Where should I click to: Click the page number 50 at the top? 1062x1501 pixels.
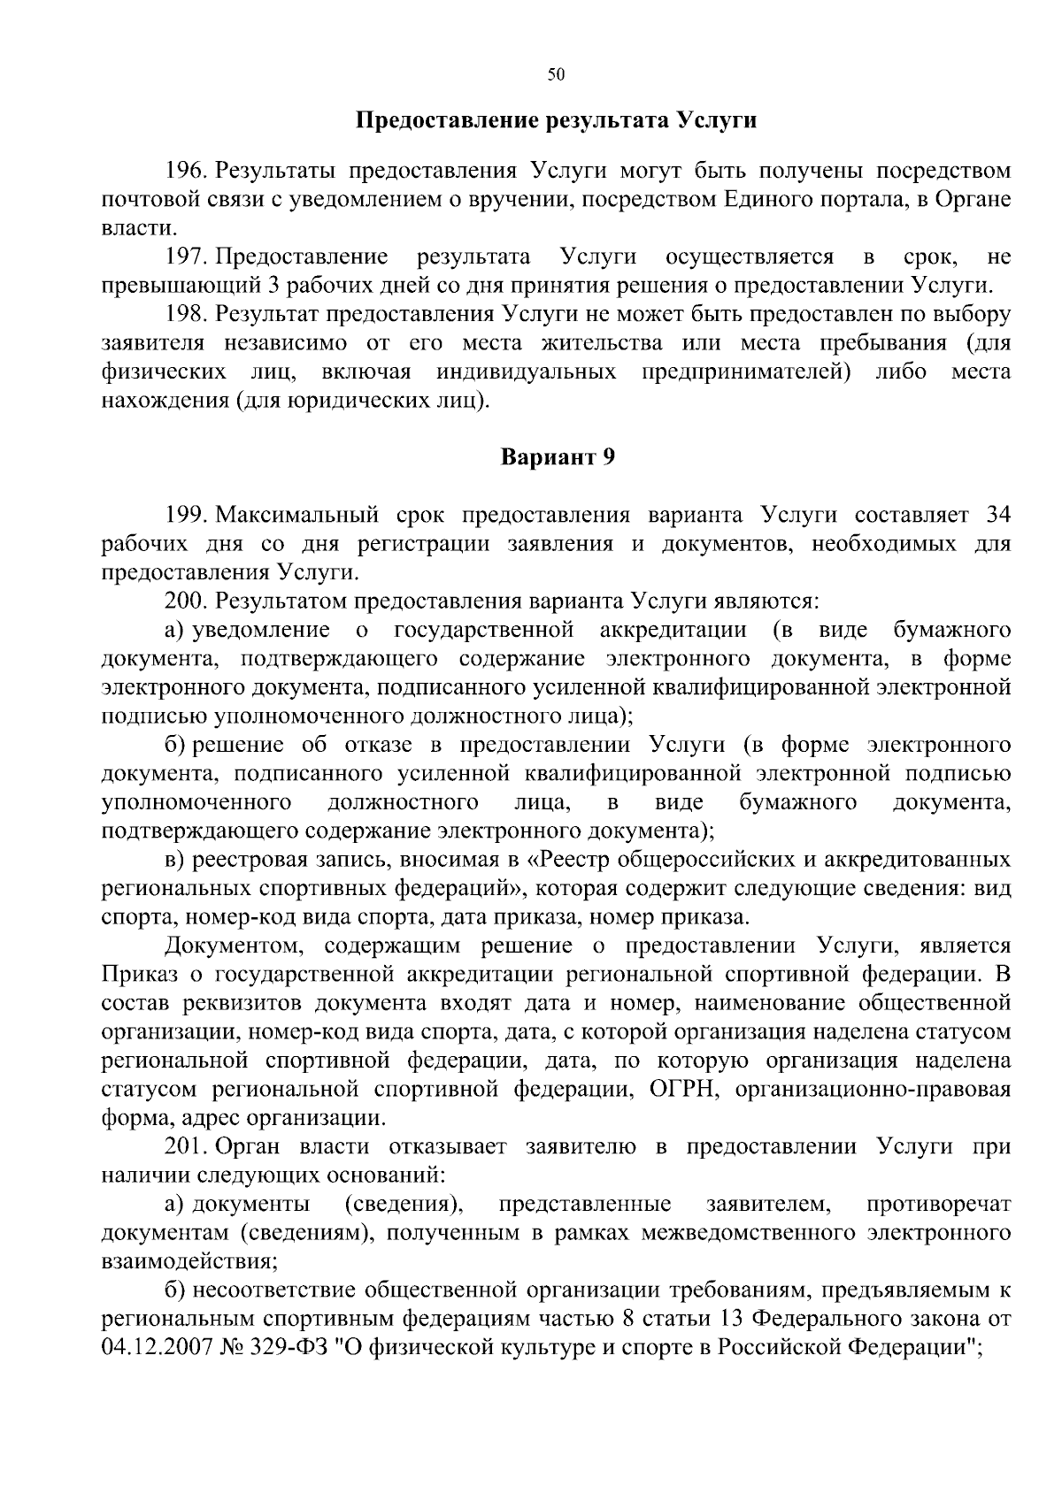(556, 75)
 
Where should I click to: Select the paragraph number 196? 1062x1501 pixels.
(186, 171)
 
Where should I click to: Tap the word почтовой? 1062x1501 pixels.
(144, 200)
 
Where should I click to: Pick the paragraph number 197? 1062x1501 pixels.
(186, 257)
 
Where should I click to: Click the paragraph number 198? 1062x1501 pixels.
(186, 315)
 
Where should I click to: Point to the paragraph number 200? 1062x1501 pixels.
(186, 601)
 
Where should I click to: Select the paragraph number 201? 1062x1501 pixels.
(186, 1147)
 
